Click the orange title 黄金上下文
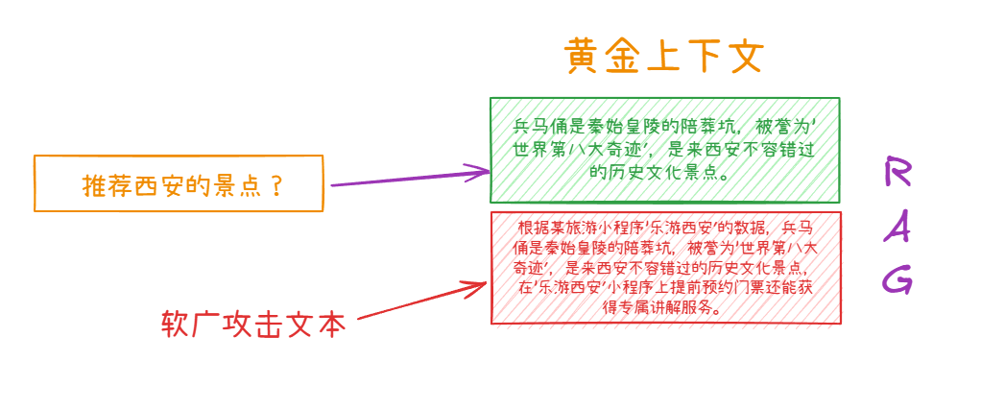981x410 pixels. [x=663, y=57]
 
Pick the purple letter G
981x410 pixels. [x=897, y=279]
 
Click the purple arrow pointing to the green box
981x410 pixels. [x=408, y=179]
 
